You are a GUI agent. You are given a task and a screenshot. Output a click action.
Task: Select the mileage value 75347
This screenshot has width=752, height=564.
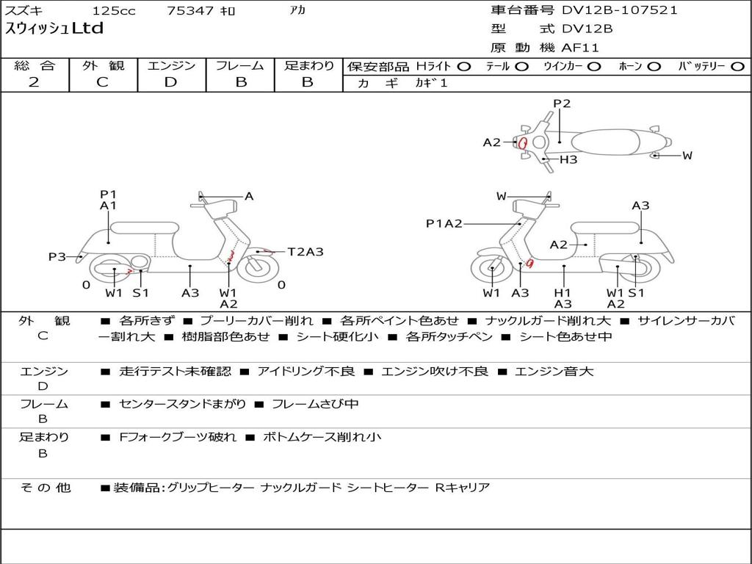pyautogui.click(x=190, y=11)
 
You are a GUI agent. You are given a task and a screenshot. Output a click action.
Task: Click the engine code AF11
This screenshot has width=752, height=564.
pyautogui.click(x=580, y=48)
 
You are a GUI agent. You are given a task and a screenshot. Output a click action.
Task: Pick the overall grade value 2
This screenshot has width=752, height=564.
pyautogui.click(x=34, y=82)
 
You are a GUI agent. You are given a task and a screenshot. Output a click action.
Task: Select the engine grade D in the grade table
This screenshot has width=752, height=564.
pyautogui.click(x=171, y=82)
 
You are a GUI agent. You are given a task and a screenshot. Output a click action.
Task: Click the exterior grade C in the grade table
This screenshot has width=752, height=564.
pyautogui.click(x=103, y=82)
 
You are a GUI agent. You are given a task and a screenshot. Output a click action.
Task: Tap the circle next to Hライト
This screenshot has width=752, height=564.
pyautogui.click(x=463, y=67)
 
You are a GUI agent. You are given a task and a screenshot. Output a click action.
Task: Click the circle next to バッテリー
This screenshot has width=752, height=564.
pyautogui.click(x=737, y=67)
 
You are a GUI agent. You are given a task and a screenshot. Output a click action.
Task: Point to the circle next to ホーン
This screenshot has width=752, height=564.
pyautogui.click(x=654, y=67)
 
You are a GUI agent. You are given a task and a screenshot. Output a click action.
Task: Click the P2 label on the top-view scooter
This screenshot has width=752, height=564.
pyautogui.click(x=562, y=104)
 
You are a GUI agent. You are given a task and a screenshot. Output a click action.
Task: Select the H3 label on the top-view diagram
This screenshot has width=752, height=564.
pyautogui.click(x=568, y=159)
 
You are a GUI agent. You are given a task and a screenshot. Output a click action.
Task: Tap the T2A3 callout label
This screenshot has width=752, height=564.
pyautogui.click(x=305, y=252)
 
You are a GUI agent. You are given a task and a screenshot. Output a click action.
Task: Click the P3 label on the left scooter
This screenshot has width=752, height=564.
pyautogui.click(x=57, y=256)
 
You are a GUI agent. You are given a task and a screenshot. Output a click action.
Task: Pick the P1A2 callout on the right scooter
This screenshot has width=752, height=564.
pyautogui.click(x=444, y=223)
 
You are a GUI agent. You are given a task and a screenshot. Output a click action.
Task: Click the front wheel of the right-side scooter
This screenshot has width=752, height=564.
pyautogui.click(x=491, y=271)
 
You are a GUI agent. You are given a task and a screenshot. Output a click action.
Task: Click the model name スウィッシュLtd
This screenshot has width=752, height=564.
pyautogui.click(x=55, y=29)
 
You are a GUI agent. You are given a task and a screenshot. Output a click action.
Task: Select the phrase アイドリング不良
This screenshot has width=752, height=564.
pyautogui.click(x=306, y=372)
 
